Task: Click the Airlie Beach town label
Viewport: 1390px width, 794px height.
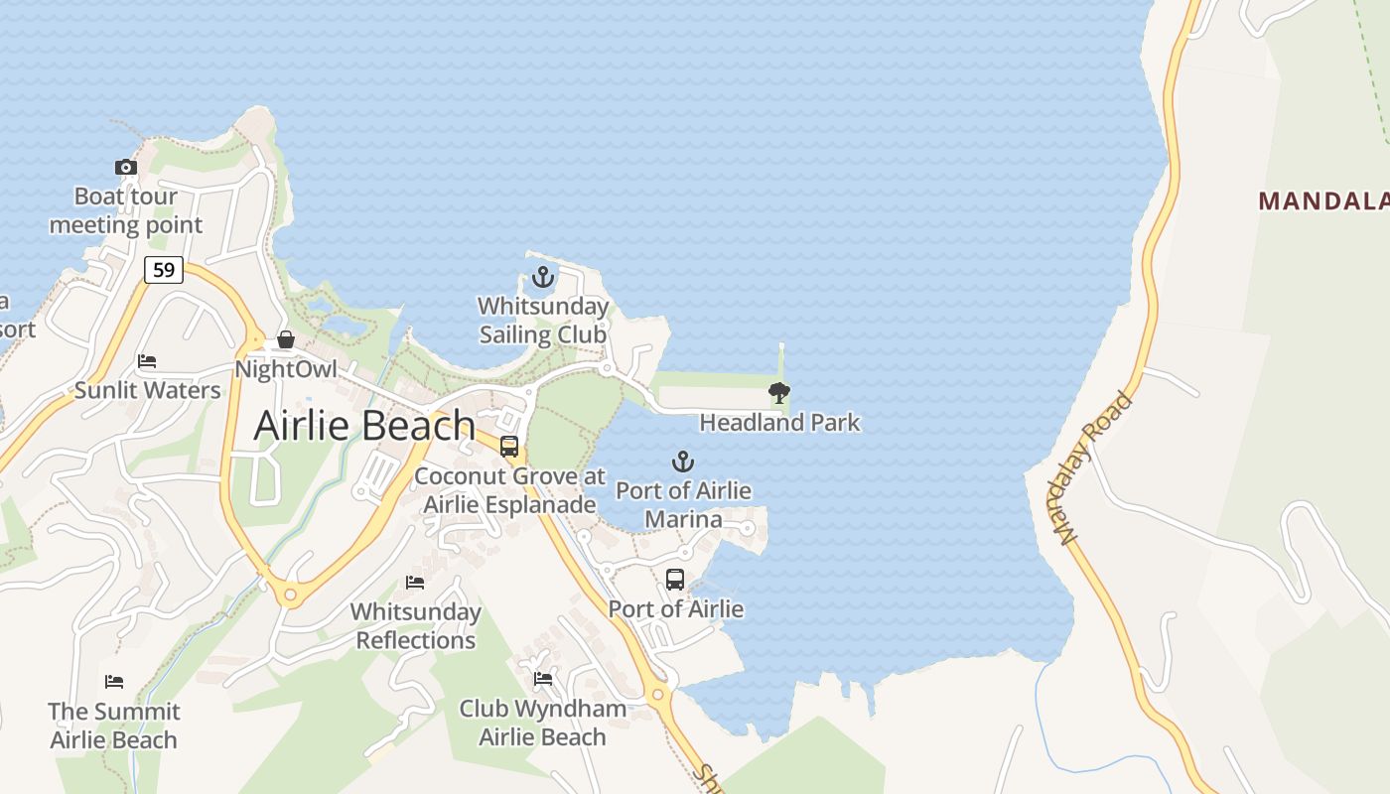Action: (x=364, y=426)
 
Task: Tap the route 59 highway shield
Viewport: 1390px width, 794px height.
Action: (x=164, y=269)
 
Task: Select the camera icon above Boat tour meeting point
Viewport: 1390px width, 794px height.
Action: (x=126, y=167)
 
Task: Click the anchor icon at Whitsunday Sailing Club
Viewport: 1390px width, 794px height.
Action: (x=542, y=277)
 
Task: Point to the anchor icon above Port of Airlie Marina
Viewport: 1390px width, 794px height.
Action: (x=683, y=462)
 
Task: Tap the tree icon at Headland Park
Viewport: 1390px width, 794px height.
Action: (x=779, y=393)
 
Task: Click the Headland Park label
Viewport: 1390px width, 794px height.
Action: (x=779, y=423)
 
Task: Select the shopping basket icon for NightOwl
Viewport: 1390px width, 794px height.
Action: (x=286, y=340)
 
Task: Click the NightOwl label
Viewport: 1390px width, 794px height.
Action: (x=286, y=369)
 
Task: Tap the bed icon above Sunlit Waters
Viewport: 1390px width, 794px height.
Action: (x=147, y=361)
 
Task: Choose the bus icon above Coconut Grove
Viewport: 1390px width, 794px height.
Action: (x=509, y=447)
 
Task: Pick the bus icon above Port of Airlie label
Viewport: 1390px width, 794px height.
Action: (x=675, y=580)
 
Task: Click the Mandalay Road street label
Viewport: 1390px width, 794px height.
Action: (x=1095, y=468)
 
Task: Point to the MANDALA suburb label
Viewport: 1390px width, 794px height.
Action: (x=1323, y=201)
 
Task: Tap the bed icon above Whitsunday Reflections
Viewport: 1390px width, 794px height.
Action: (x=415, y=582)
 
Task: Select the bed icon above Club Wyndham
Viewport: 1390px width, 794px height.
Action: (x=543, y=679)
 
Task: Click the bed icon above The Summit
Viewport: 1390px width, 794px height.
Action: (x=114, y=682)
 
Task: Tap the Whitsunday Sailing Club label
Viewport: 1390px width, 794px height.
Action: (x=543, y=321)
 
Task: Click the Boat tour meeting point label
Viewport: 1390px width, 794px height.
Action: (x=126, y=211)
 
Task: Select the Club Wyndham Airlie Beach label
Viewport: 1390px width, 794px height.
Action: (x=542, y=723)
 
